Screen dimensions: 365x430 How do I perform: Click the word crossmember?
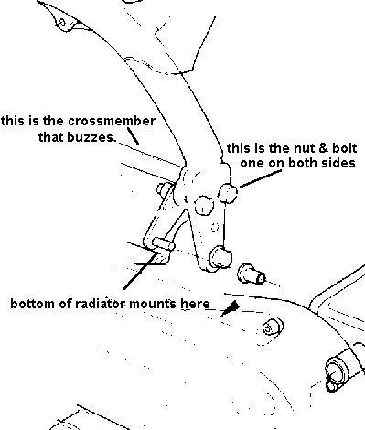tap(112, 121)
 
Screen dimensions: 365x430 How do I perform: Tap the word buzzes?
tap(91, 137)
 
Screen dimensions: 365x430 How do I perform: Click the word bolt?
tap(340, 148)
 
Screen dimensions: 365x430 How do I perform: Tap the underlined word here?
tap(196, 304)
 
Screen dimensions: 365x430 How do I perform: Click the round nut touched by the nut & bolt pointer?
tap(228, 193)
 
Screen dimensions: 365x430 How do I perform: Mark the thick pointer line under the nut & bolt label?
tap(260, 178)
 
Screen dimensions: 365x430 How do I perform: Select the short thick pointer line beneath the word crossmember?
tap(133, 135)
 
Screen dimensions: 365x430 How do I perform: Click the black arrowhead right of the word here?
tap(231, 308)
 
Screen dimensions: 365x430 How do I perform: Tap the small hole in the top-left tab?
tap(62, 22)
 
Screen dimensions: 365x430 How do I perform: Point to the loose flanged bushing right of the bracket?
tap(251, 274)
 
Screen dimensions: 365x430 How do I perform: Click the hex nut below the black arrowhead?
tap(273, 327)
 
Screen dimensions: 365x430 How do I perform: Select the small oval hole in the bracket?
tap(215, 227)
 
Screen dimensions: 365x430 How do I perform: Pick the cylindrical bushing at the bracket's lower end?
tap(220, 257)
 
